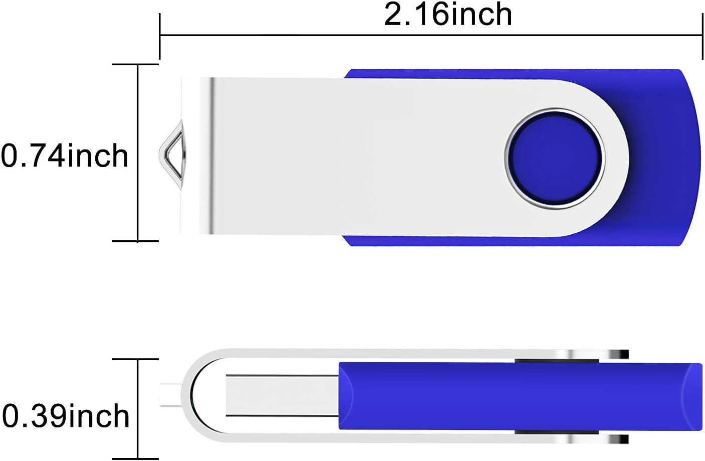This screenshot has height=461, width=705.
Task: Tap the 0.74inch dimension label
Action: coord(65,156)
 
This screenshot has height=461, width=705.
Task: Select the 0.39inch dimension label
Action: coord(66,416)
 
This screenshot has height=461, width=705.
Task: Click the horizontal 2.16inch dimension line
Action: coord(431,35)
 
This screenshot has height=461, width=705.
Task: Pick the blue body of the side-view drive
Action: coord(516,396)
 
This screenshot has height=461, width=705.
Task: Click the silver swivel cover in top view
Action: coord(351,156)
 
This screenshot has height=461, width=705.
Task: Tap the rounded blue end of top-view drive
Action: coord(689,156)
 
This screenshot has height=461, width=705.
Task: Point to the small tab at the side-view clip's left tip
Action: coord(165,395)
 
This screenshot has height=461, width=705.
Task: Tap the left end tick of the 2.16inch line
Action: coord(160,35)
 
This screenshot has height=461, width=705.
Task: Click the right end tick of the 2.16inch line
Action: coord(702,35)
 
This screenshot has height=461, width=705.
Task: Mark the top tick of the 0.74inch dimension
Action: coord(135,65)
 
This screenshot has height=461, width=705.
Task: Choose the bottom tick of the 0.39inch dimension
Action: coord(135,458)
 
